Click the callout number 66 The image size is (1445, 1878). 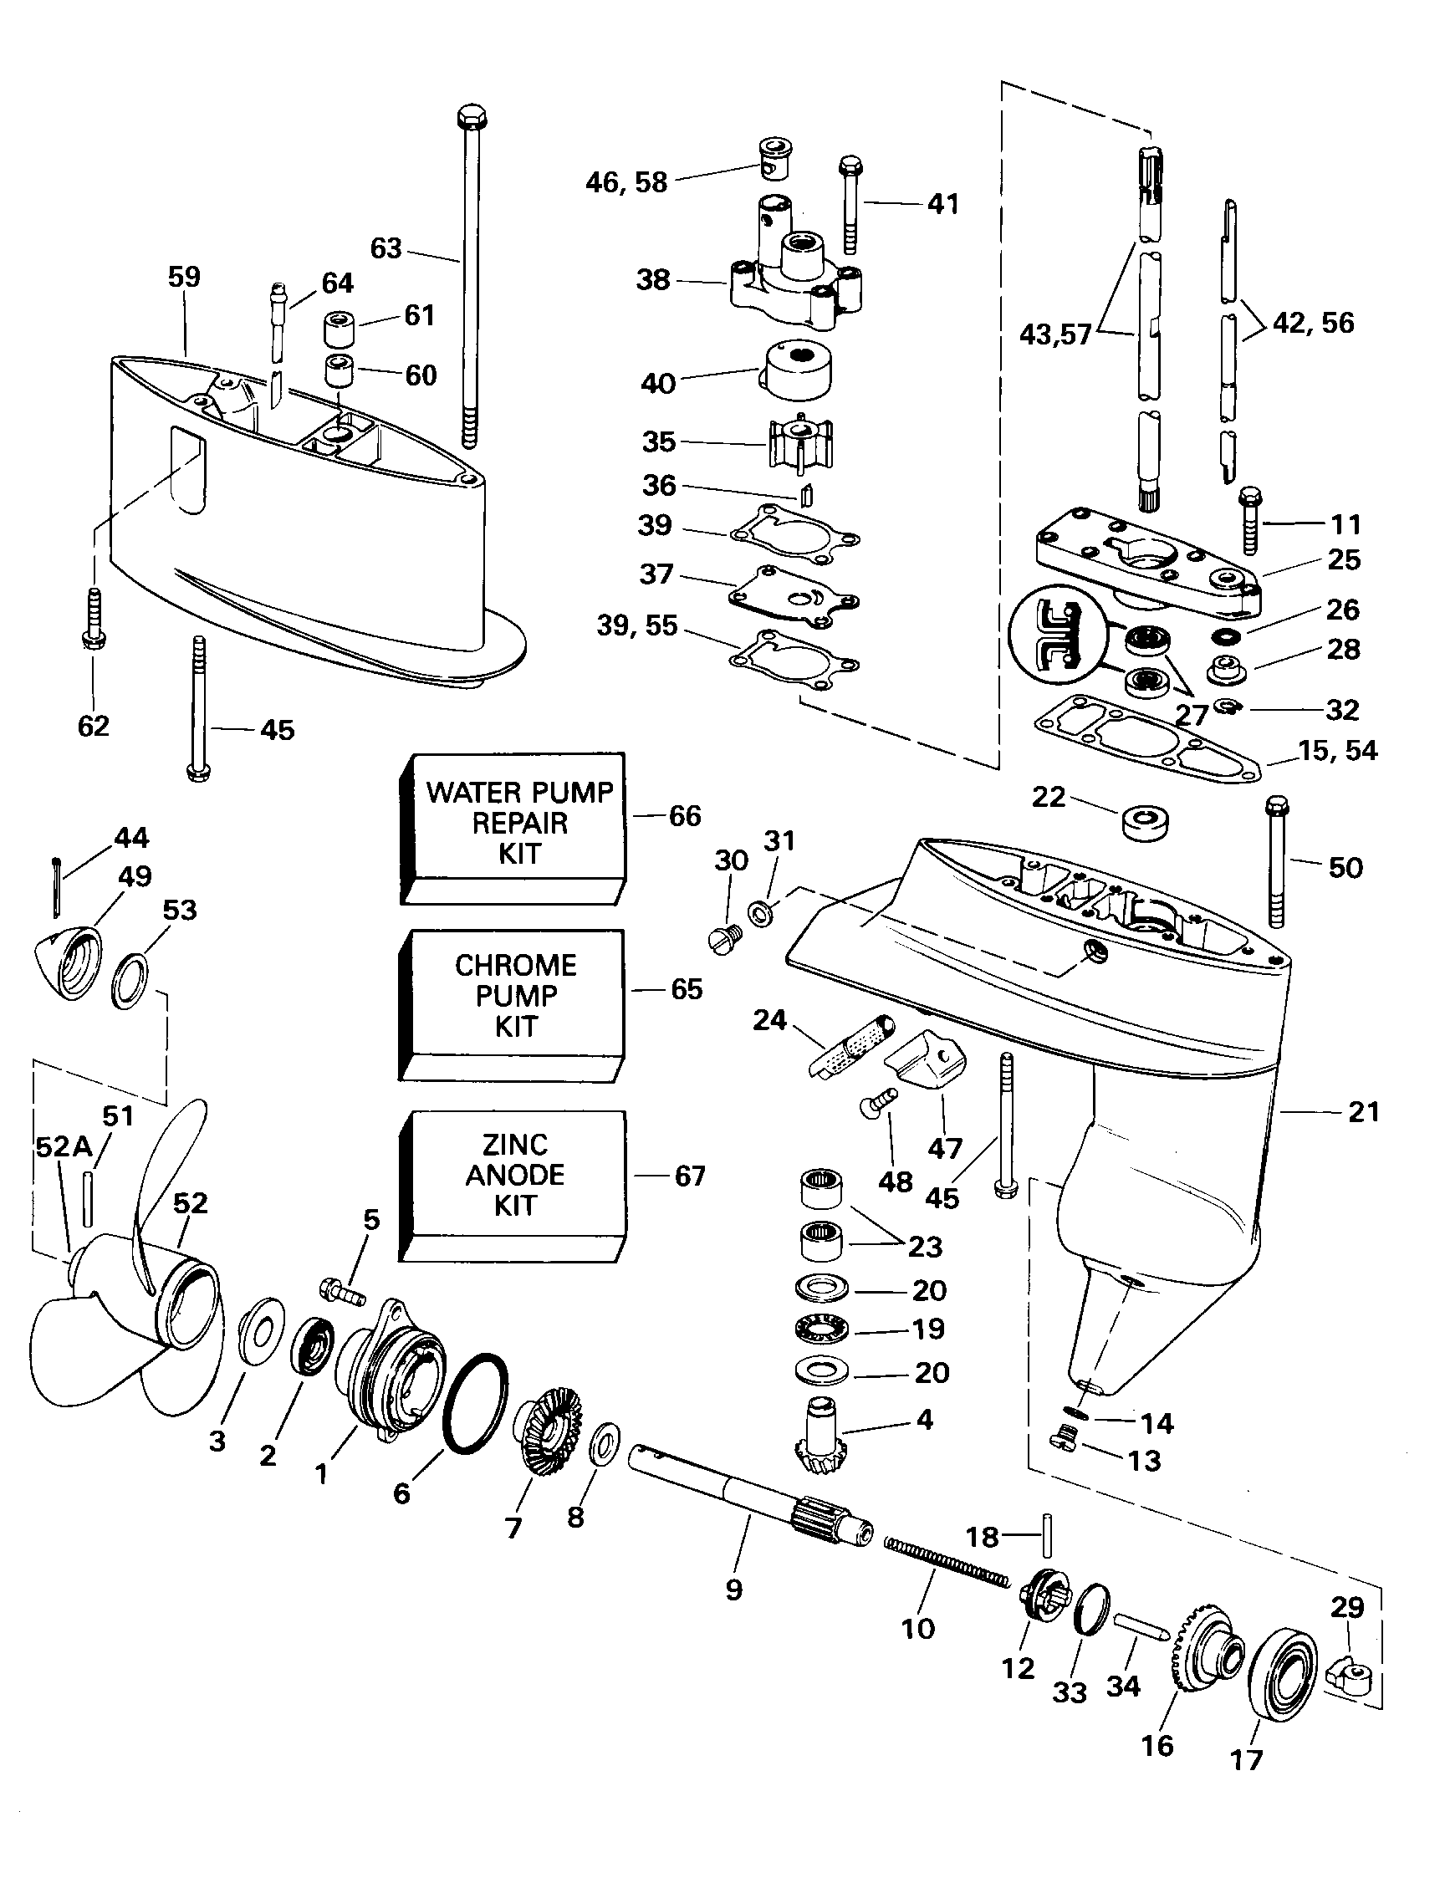click(685, 815)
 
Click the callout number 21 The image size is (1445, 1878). click(1363, 1112)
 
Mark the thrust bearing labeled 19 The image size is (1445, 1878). click(821, 1329)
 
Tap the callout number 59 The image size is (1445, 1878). click(183, 277)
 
